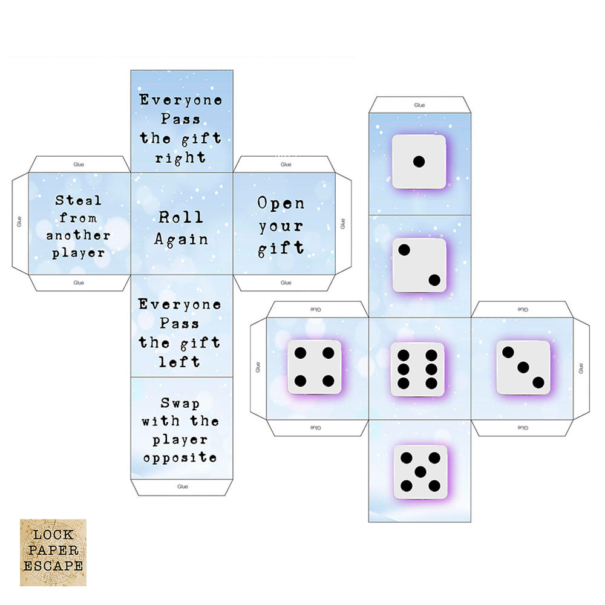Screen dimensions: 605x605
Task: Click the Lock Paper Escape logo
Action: [53, 552]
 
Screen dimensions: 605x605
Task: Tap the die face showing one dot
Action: [419, 162]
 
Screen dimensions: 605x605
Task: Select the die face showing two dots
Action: [419, 265]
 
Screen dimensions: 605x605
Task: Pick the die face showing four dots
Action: [314, 367]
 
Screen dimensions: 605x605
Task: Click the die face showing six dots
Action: [417, 369]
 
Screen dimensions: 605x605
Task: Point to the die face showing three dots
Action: [523, 367]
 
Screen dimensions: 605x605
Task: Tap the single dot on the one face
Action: [419, 162]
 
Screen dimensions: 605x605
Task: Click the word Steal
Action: [79, 200]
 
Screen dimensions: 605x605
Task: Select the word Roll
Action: [181, 217]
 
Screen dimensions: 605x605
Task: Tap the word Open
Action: [281, 203]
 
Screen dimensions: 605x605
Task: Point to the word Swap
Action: [180, 403]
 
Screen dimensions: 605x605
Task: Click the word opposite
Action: [180, 458]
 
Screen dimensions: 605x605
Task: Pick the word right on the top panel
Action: [180, 158]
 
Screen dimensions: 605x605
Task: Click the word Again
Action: [181, 239]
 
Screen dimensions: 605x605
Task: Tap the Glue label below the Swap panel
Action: [182, 486]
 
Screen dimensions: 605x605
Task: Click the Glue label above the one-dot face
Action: [419, 105]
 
